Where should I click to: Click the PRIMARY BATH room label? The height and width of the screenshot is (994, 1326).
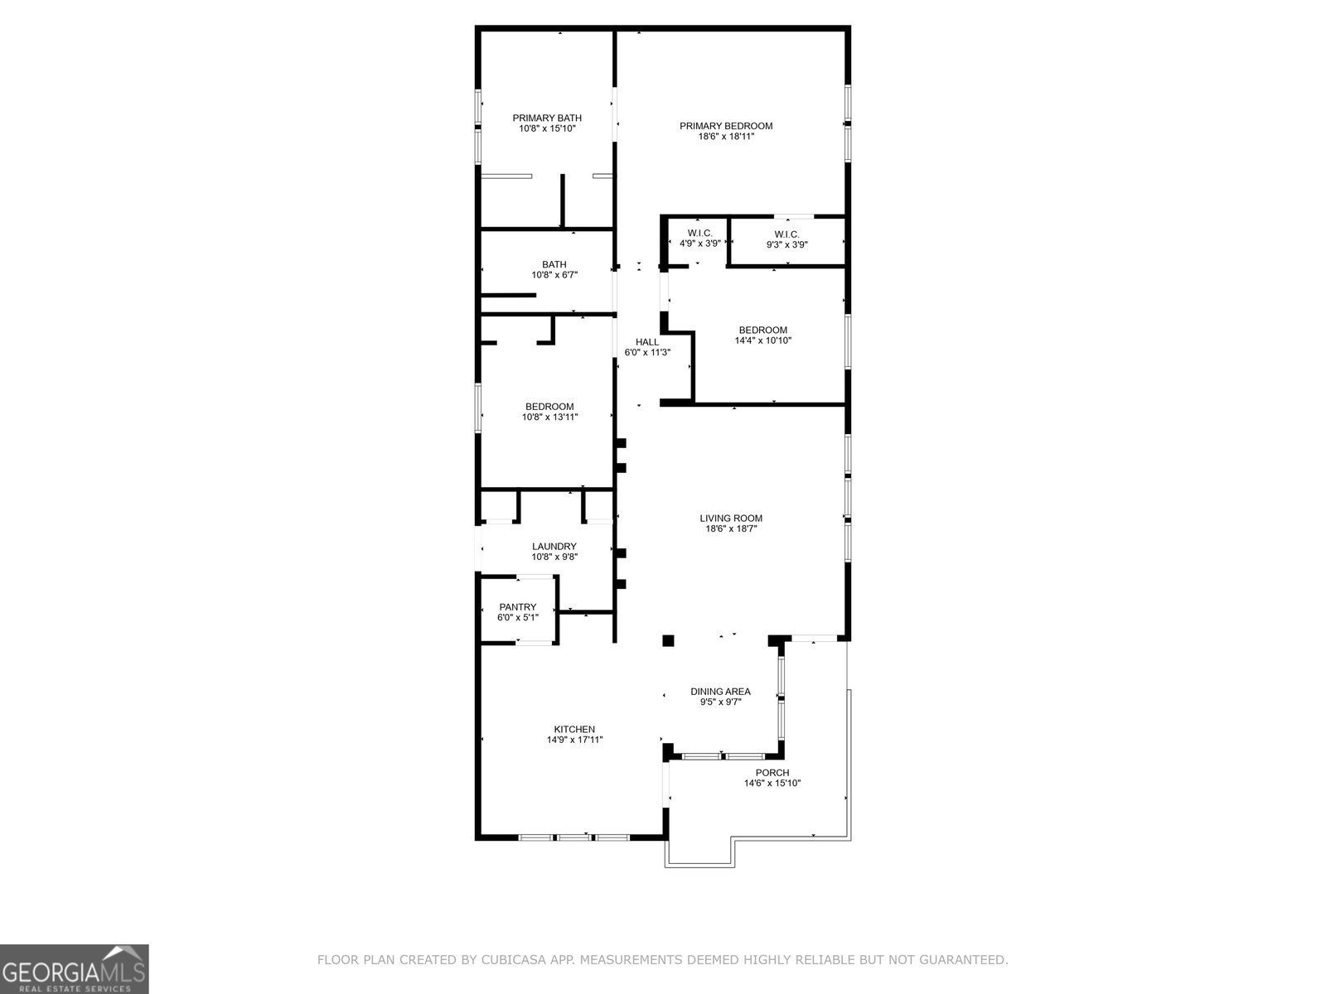pos(547,118)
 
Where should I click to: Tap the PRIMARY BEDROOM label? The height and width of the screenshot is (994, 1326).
pos(725,126)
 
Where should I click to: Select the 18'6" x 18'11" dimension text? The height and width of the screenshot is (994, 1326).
pos(725,137)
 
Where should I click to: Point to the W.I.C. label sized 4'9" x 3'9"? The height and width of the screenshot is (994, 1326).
pos(699,234)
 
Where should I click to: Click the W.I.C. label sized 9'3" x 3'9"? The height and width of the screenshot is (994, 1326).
pos(786,234)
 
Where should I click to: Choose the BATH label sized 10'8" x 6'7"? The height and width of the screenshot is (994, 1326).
pos(554,264)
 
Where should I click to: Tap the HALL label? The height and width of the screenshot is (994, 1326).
pos(647,342)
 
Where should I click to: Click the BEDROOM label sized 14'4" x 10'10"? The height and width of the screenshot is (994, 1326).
pos(763,331)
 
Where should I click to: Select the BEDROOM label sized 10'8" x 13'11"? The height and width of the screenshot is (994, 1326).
pos(549,407)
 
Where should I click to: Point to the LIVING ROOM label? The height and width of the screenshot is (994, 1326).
pos(731,519)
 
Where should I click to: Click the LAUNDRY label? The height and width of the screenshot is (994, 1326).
pos(554,547)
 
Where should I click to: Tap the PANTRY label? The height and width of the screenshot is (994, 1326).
pos(518,607)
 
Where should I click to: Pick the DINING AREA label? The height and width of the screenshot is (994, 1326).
pos(721,692)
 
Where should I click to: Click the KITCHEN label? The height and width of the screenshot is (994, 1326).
pos(574,730)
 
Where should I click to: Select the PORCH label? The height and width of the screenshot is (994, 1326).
pos(772,773)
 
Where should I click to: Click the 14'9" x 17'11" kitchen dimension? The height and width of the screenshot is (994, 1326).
pos(574,740)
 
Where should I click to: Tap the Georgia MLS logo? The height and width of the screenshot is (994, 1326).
pos(74,968)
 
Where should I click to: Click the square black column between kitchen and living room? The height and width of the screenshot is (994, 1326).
pos(668,641)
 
